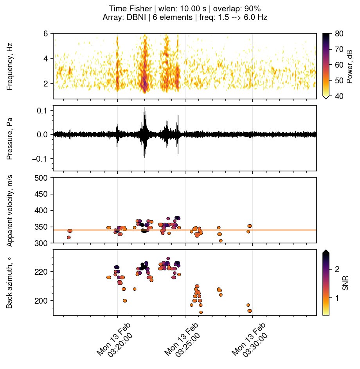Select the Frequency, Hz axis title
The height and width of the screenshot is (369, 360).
pyautogui.click(x=10, y=67)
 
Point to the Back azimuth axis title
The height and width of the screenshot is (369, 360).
pyautogui.click(x=10, y=282)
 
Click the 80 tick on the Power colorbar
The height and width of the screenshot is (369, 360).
pyautogui.click(x=340, y=34)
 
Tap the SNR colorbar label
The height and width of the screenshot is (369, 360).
pyautogui.click(x=345, y=282)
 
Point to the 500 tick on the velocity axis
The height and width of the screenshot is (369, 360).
pyautogui.click(x=42, y=178)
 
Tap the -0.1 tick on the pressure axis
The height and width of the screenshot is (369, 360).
pyautogui.click(x=39, y=159)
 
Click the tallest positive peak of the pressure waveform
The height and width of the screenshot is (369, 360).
pyautogui.click(x=145, y=107)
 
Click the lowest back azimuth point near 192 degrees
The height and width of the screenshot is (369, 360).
pyautogui.click(x=201, y=312)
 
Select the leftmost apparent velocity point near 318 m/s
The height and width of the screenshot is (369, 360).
pyautogui.click(x=69, y=238)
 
